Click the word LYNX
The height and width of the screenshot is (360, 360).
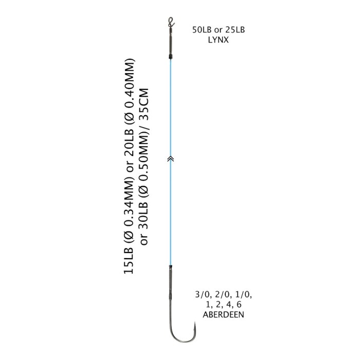point(219,40)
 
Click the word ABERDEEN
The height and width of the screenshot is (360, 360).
point(223,315)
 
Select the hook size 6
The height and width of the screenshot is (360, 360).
point(239,304)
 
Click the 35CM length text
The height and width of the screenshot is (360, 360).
point(144,101)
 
